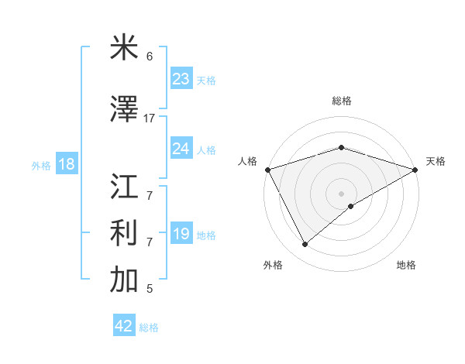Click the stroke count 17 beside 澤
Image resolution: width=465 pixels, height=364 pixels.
[x=150, y=118]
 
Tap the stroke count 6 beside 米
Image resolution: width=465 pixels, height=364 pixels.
[x=150, y=57]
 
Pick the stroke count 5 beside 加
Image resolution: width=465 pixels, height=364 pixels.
[x=150, y=289]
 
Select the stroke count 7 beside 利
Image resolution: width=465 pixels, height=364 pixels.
[x=150, y=242]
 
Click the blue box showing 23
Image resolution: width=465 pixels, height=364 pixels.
[x=181, y=79]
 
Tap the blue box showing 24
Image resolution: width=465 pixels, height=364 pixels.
[x=181, y=149]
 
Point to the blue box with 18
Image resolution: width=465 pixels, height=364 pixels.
[x=66, y=164]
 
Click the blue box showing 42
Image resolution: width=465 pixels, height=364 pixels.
[x=124, y=326]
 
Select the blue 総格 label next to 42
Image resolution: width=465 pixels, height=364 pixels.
[x=149, y=328]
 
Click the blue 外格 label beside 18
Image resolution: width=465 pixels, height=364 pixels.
[x=41, y=165]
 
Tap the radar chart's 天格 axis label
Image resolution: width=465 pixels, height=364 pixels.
[x=436, y=161]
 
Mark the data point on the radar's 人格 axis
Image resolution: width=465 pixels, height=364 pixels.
[x=267, y=169]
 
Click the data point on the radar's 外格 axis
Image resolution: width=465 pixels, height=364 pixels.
[x=305, y=245]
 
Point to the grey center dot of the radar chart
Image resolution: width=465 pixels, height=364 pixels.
[x=341, y=193]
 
